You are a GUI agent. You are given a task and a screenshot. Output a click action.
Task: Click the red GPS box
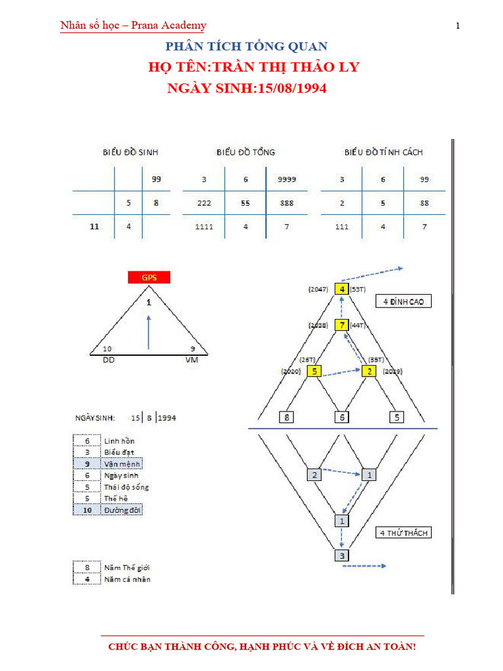pos(149,277)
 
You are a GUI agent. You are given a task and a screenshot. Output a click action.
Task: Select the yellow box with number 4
pos(341,288)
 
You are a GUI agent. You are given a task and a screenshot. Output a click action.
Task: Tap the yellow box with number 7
pos(341,325)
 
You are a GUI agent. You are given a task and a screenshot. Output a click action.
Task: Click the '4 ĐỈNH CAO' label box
pos(403,301)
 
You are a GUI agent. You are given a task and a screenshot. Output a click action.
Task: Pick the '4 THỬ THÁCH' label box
pos(403,533)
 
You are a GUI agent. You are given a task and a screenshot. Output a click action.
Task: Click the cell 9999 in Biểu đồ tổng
pos(286,179)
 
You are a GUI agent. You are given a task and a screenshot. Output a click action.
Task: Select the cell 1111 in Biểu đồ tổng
pos(204,227)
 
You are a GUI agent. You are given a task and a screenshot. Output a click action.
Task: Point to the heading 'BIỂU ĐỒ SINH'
pos(130,152)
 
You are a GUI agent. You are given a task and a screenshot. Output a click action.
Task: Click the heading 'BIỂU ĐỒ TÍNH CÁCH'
pos(384,152)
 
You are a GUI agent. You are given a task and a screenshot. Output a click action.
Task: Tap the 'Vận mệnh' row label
pos(122,463)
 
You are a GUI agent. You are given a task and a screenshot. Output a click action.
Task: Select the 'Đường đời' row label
pos(122,510)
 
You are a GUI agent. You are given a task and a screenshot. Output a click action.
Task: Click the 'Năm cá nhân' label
pos(127,579)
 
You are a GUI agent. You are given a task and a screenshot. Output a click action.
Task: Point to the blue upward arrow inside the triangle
pos(149,332)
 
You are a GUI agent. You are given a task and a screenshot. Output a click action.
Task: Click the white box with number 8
pos(287,417)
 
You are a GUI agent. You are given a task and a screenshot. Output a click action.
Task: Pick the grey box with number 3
pos(341,556)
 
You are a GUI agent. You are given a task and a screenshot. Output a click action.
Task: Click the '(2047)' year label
pos(318,289)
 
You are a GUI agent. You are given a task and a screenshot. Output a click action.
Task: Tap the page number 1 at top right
pos(458,26)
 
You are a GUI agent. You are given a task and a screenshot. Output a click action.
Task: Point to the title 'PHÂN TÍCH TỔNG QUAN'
pos(246,47)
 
